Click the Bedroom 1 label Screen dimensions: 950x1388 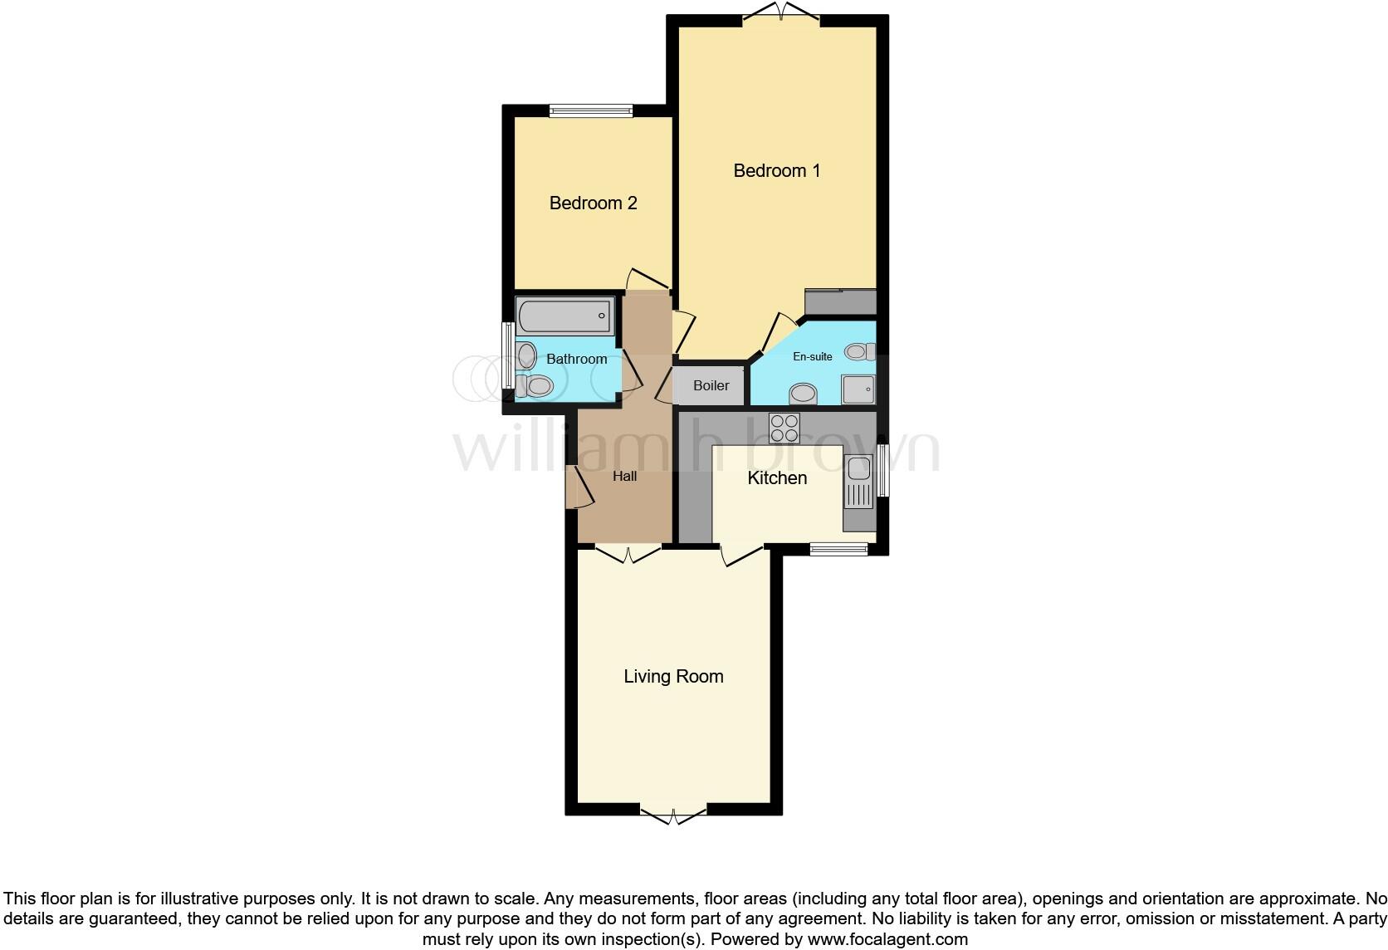pos(776,171)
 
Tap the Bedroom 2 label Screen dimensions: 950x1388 pos(593,203)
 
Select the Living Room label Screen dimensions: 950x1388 pos(673,677)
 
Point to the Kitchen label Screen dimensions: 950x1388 pos(777,478)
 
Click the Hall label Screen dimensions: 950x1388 pos(624,476)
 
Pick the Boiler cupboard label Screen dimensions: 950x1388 pos(711,385)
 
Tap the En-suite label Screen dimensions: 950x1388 pos(812,356)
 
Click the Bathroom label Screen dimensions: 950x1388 pos(576,359)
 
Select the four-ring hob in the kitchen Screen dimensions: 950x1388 pos(784,428)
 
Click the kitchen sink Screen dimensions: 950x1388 pos(858,481)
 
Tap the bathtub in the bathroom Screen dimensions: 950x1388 pos(564,316)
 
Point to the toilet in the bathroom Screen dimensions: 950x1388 pos(535,386)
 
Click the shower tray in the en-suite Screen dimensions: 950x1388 pos(858,389)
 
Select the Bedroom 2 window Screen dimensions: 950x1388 pos(591,110)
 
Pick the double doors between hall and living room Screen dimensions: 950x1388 pos(628,552)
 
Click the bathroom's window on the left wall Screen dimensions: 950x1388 pos(506,355)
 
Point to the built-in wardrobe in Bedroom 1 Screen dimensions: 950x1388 pos(840,301)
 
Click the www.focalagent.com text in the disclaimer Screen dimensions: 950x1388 pos(887,940)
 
